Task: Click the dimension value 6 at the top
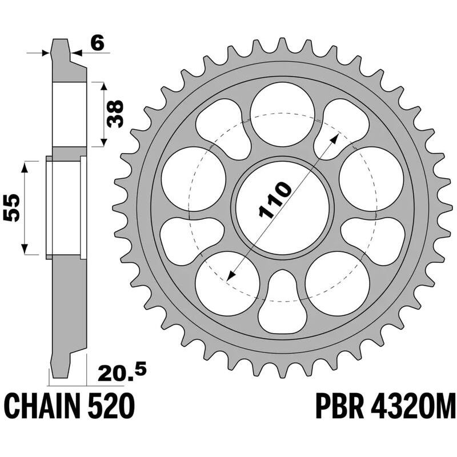tap(98, 43)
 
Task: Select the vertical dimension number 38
tap(116, 114)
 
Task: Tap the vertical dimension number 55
tap(13, 207)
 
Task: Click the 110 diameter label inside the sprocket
tap(276, 201)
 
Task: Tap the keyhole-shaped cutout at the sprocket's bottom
tap(283, 303)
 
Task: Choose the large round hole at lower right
tap(336, 282)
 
